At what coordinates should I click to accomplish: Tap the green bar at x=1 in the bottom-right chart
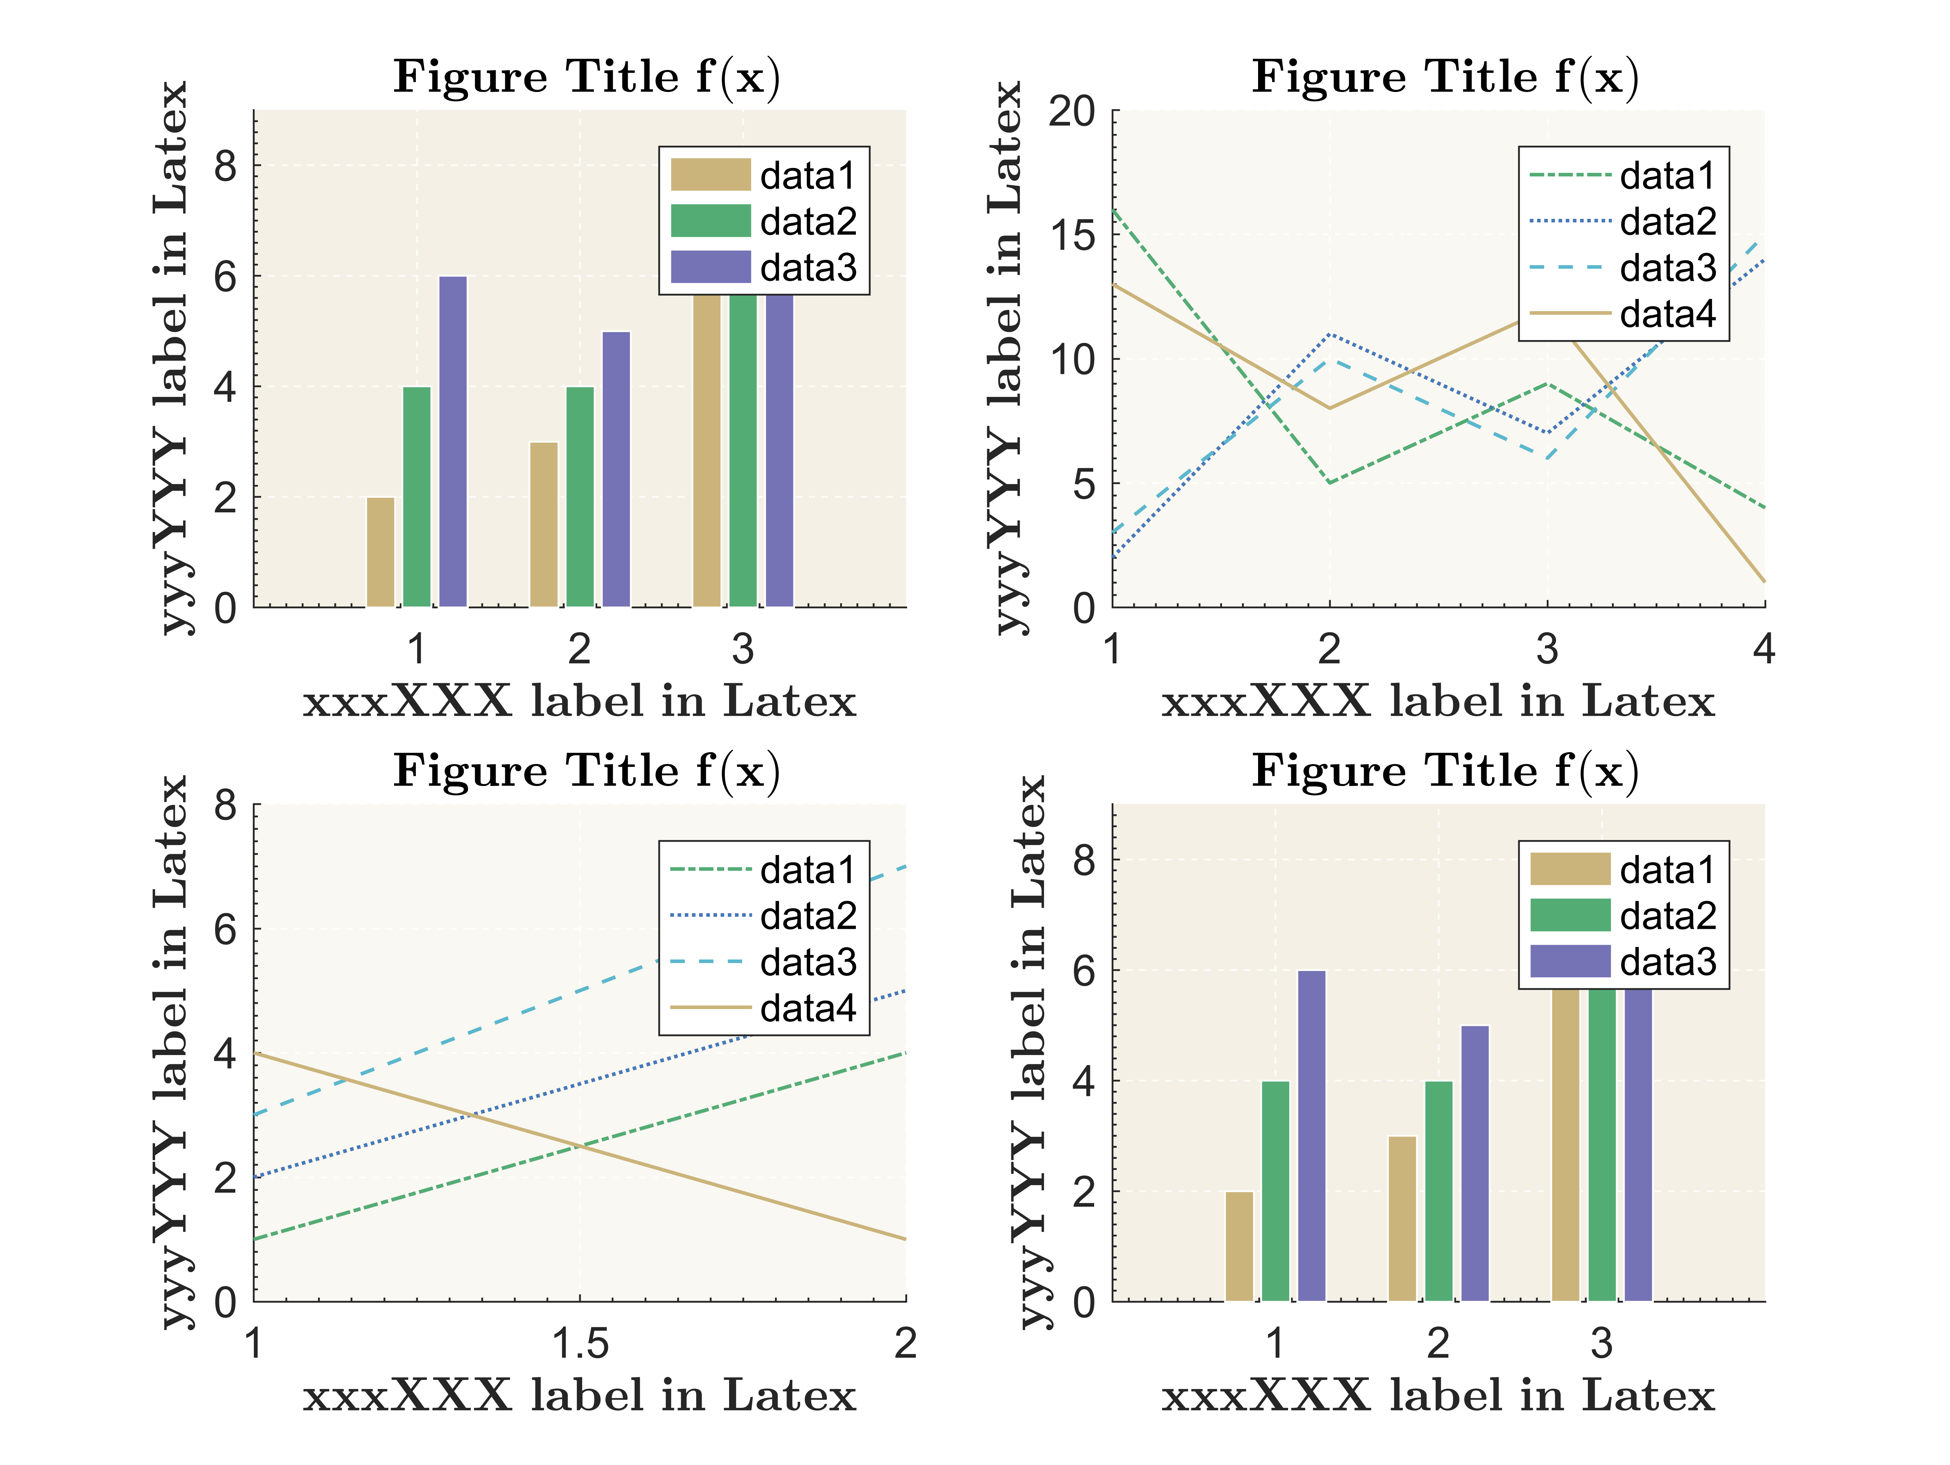(1276, 1191)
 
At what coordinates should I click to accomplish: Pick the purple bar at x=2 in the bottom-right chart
(1475, 1162)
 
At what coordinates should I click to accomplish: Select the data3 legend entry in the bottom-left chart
(763, 961)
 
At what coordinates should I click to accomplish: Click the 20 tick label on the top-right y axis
(1071, 112)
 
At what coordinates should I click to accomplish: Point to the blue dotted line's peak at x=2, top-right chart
(1329, 334)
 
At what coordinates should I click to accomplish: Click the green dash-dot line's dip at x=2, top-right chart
(1329, 482)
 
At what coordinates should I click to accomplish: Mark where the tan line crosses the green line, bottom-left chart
(580, 1146)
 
